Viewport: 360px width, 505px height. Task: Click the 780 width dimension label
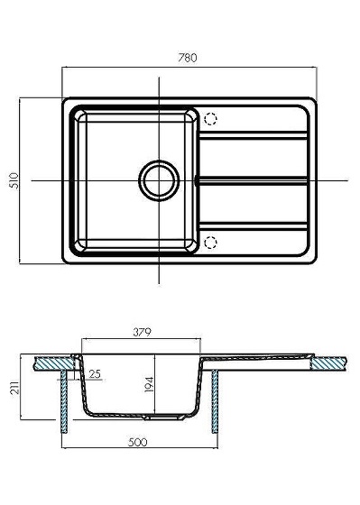coord(188,58)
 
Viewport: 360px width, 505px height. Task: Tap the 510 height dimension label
coord(15,181)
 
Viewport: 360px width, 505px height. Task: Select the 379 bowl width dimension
coord(142,332)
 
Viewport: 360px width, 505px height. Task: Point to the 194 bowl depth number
coord(149,384)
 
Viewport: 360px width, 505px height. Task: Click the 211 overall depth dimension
coord(15,387)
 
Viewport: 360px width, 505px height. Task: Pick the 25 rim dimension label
coord(95,374)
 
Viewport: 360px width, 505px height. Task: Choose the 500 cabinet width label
coord(138,442)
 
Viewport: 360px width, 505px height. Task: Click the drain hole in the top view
coord(159,180)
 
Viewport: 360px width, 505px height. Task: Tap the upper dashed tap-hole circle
coord(210,119)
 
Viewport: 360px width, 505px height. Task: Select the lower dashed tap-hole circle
coord(210,243)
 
